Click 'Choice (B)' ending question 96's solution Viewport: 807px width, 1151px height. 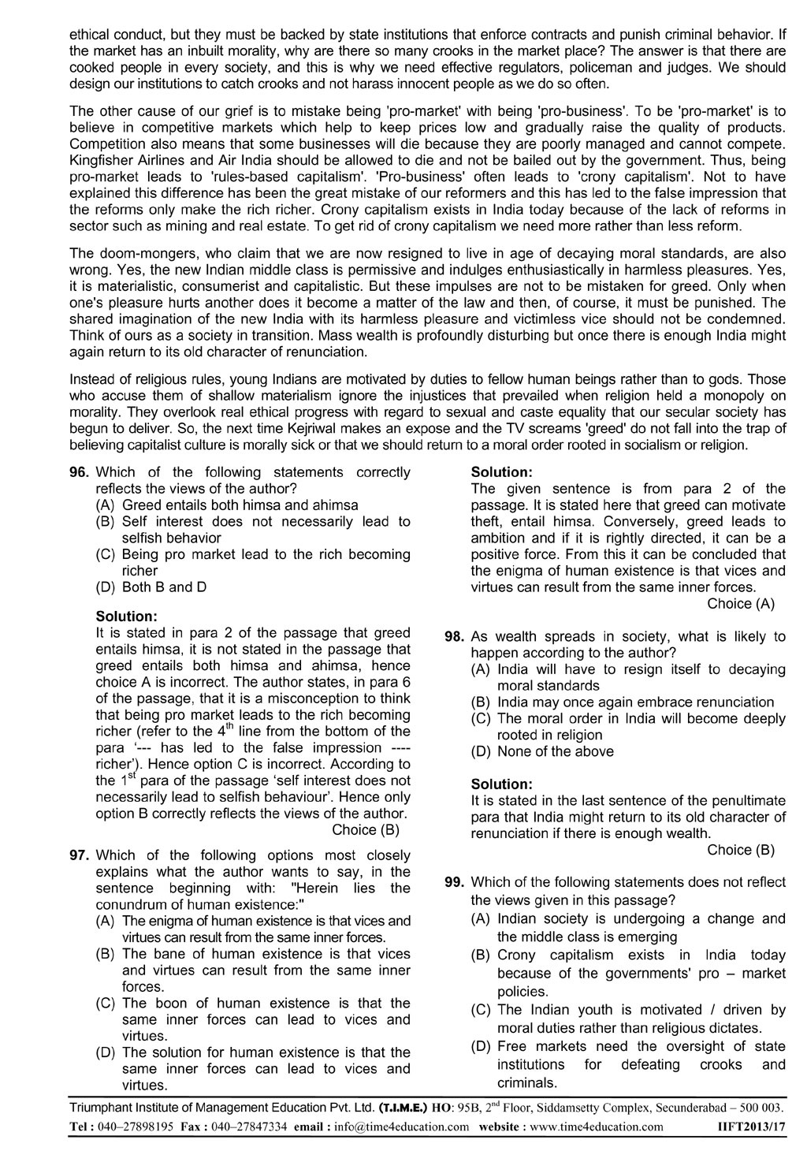[366, 829]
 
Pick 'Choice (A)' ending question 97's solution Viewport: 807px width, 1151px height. [741, 604]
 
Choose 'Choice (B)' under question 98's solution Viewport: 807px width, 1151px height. [741, 850]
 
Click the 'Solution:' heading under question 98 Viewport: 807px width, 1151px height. [501, 784]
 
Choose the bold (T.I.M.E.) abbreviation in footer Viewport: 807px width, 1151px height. [406, 1107]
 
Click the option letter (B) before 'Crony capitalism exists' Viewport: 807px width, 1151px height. [481, 955]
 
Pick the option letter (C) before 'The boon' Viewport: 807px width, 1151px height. [106, 1004]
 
